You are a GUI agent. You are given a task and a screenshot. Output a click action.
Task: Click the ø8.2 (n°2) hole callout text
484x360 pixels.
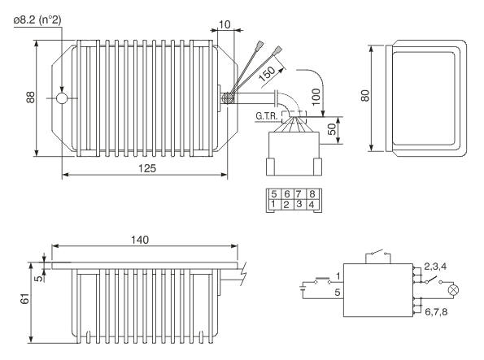[37, 20]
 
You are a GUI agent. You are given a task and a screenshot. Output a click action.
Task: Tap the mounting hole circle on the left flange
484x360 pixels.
[62, 98]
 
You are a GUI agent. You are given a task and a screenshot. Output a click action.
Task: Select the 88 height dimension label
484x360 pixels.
[31, 98]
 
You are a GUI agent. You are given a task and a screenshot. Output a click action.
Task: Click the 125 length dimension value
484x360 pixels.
[147, 168]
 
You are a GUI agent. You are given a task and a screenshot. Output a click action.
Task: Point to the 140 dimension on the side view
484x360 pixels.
[140, 240]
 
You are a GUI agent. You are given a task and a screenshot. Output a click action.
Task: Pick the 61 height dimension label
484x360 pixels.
[24, 298]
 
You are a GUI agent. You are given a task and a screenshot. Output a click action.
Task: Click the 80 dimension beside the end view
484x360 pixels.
[365, 96]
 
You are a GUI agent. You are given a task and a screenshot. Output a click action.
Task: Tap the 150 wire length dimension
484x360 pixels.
[267, 74]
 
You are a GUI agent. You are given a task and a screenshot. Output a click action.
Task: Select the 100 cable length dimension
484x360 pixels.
[316, 97]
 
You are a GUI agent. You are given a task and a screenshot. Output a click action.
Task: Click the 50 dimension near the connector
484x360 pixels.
[332, 129]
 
